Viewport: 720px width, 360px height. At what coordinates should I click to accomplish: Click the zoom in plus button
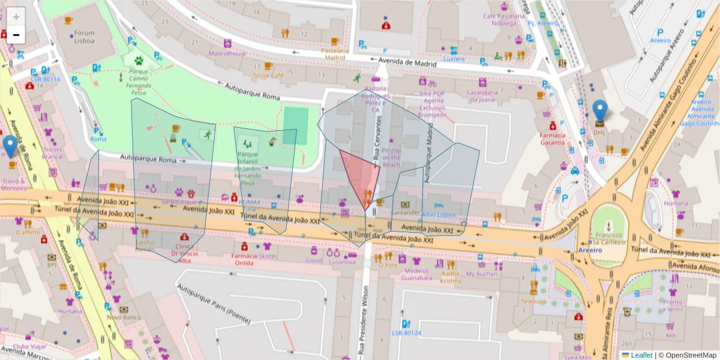(16, 17)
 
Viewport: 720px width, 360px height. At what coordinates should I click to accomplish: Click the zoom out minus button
(16, 35)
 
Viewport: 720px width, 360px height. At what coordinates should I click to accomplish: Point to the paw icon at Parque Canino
(139, 61)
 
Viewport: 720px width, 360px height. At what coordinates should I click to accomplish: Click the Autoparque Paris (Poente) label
(214, 304)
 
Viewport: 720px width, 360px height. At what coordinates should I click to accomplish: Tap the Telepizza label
(533, 301)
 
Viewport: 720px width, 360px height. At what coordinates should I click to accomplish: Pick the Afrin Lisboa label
(438, 214)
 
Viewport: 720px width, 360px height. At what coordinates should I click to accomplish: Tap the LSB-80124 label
(407, 333)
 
